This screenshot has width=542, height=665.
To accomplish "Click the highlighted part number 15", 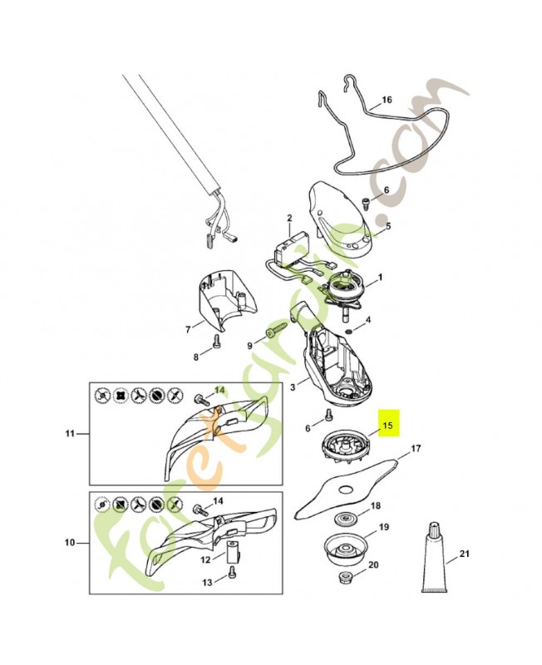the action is pyautogui.click(x=387, y=425).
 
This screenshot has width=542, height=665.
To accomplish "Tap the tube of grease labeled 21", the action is pyautogui.click(x=434, y=557).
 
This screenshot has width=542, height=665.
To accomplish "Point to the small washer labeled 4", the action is pyautogui.click(x=347, y=330).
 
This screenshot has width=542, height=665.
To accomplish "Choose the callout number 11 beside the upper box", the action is pyautogui.click(x=70, y=433).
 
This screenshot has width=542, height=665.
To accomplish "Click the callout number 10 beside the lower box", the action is pyautogui.click(x=70, y=543).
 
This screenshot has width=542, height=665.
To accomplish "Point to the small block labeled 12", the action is pyautogui.click(x=234, y=549).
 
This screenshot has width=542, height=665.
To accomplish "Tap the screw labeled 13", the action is pyautogui.click(x=231, y=570).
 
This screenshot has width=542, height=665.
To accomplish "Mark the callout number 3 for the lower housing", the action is pyautogui.click(x=293, y=387).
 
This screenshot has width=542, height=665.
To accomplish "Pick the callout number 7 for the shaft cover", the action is pyautogui.click(x=189, y=329).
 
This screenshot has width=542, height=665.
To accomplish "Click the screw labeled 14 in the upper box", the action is pyautogui.click(x=201, y=399).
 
